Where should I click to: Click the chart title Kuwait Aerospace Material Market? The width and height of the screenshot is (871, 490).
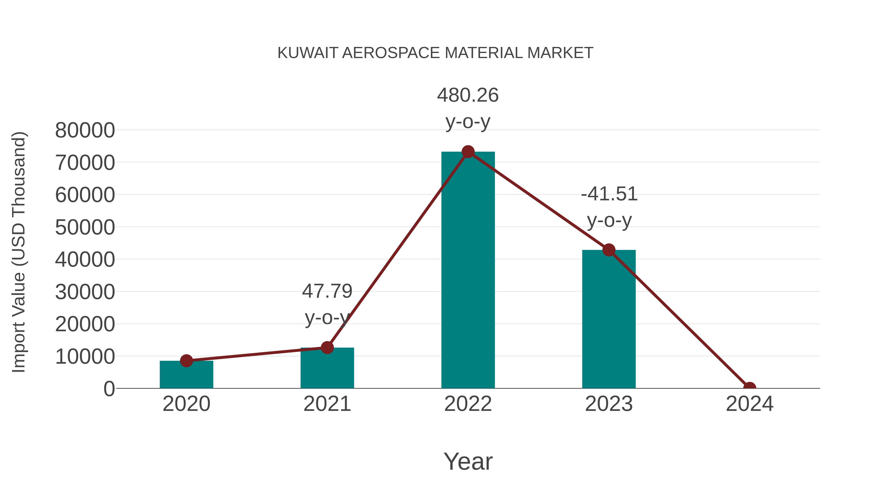(x=435, y=53)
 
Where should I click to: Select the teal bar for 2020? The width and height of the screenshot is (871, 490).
(x=186, y=375)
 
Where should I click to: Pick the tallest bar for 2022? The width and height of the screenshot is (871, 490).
(x=468, y=271)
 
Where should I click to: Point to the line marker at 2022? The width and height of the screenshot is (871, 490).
(x=468, y=152)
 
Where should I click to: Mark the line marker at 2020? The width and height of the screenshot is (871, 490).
(x=186, y=361)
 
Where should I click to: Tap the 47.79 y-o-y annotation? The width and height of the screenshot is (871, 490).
(x=327, y=304)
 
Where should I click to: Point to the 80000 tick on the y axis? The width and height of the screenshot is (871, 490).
(x=85, y=130)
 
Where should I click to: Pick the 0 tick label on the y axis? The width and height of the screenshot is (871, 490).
(x=109, y=389)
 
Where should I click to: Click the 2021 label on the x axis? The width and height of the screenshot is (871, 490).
(x=327, y=404)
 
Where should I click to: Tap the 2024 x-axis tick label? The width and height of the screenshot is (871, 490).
(x=749, y=404)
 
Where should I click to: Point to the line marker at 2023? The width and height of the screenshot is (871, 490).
(x=609, y=250)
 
